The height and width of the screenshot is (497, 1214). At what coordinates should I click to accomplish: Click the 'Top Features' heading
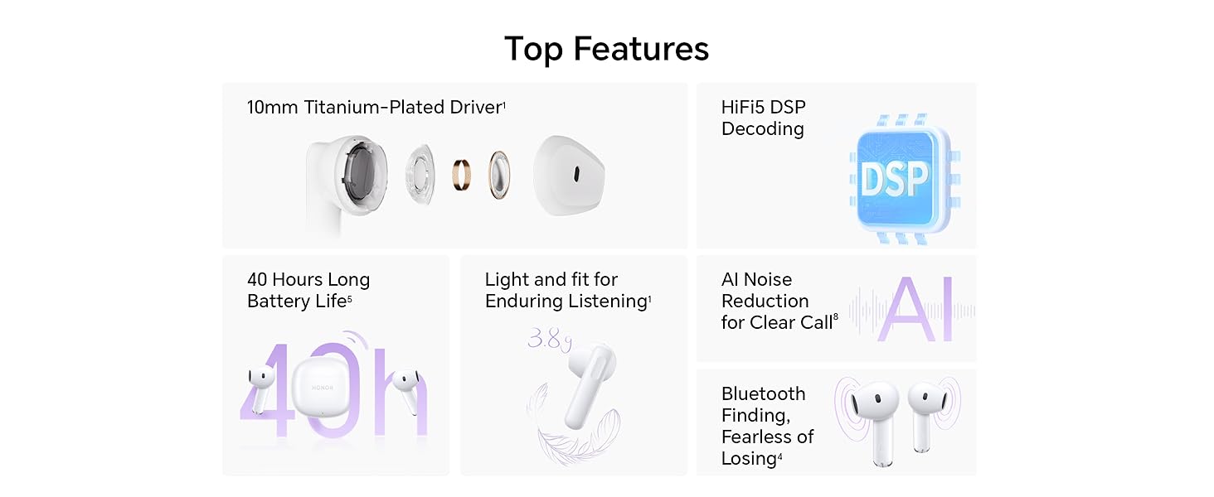point(606,49)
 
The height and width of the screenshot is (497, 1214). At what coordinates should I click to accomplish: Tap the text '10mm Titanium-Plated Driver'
point(375,107)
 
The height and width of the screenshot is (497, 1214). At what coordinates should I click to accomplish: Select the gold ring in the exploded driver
point(461,175)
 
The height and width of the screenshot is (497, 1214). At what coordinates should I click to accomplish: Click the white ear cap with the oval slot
point(569,175)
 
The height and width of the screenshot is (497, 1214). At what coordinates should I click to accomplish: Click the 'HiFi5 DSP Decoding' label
point(763,118)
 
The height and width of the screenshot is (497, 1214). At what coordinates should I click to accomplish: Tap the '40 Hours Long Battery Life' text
point(308,290)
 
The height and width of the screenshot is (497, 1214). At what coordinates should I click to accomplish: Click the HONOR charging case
point(322,388)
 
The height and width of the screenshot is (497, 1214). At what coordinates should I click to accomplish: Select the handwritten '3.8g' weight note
point(550,340)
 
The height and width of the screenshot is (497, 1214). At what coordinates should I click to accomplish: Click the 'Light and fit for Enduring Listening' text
point(567,290)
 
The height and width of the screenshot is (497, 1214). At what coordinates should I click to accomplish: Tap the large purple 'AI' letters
point(915,309)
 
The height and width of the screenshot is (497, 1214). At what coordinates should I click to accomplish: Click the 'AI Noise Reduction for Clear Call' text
point(779,301)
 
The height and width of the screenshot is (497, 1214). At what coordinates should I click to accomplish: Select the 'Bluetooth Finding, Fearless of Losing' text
point(767,426)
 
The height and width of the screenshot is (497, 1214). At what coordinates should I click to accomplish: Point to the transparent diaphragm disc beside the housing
point(420,174)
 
